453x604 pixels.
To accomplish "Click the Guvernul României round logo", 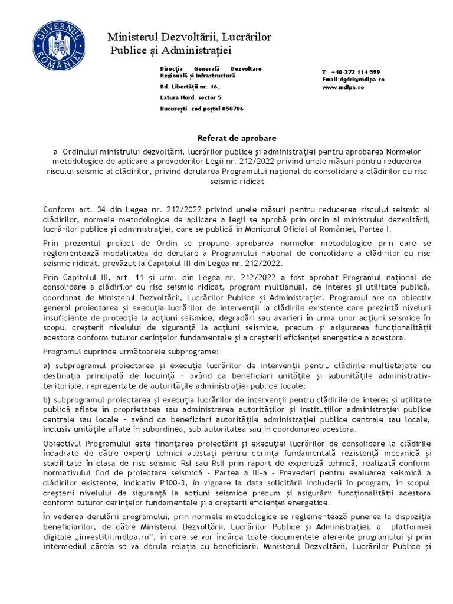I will (x=57, y=45).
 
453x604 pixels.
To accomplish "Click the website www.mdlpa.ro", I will (x=343, y=87).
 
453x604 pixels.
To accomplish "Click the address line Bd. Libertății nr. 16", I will (x=185, y=86).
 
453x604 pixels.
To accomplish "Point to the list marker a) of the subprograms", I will (x=47, y=366).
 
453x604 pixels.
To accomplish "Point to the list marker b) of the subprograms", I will (x=47, y=401).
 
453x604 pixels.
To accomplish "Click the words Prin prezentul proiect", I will (x=84, y=243).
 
